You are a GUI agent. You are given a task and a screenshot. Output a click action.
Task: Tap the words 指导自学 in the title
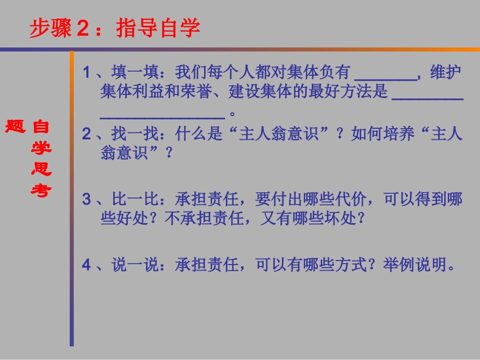tap(158, 28)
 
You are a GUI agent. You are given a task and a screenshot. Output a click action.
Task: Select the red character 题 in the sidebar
tap(15, 126)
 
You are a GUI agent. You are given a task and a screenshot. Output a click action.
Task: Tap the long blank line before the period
tap(162, 114)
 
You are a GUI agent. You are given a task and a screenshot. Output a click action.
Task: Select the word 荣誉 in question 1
tap(192, 92)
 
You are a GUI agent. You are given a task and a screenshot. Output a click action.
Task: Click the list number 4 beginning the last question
tap(86, 265)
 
